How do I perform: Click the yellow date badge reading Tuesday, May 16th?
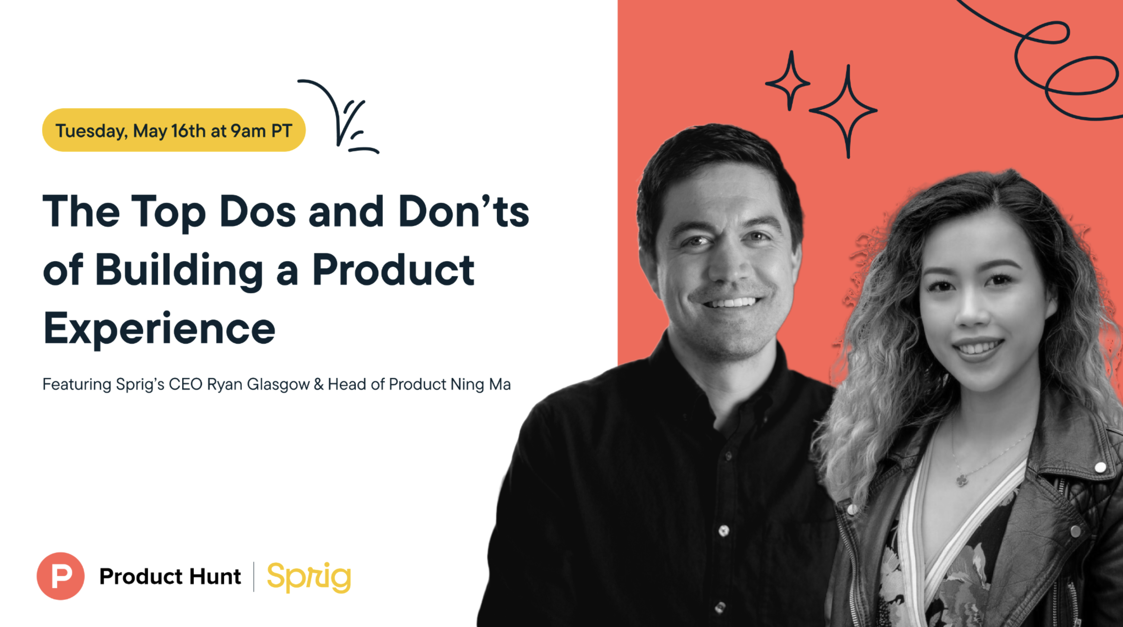(173, 130)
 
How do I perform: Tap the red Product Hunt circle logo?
(61, 576)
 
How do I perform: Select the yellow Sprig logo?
(309, 577)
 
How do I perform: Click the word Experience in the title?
(159, 328)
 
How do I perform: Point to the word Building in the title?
(179, 270)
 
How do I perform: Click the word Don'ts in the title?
(464, 212)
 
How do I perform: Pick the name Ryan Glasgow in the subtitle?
(258, 385)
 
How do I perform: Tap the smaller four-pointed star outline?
(789, 82)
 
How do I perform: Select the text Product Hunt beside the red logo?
(170, 576)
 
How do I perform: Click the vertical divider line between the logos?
(254, 576)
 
